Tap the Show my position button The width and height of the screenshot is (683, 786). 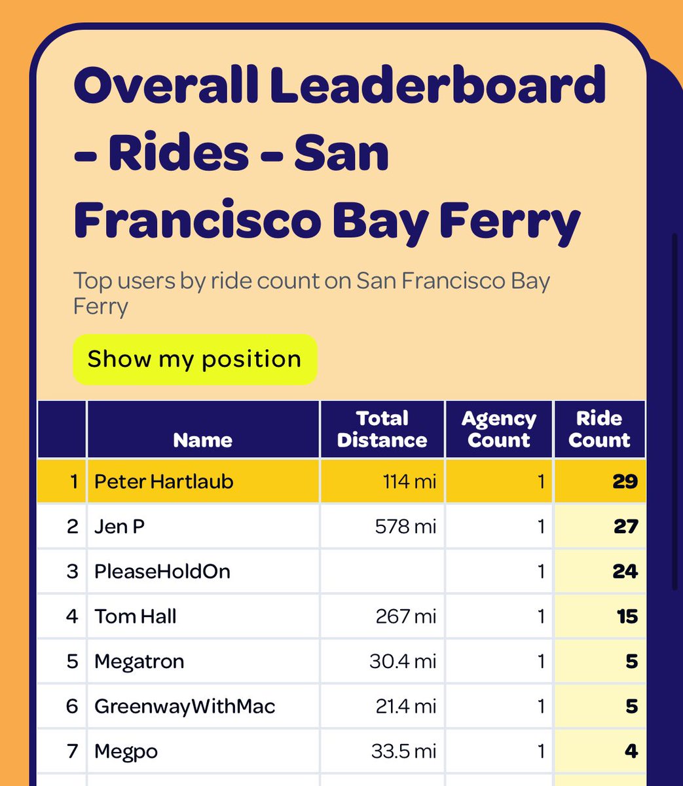(x=194, y=360)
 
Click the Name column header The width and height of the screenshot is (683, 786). (x=202, y=440)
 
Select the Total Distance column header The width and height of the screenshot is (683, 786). (x=382, y=429)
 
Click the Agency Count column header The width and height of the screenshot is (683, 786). (x=499, y=429)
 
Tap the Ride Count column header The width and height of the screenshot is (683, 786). (x=599, y=429)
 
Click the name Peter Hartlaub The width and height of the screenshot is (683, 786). (x=164, y=481)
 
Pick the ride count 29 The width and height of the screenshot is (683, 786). (x=625, y=481)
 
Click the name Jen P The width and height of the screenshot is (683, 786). (x=119, y=526)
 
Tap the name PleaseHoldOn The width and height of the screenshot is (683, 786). (x=162, y=571)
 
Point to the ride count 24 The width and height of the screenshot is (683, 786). (x=625, y=571)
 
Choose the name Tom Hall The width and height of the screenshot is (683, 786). (x=136, y=616)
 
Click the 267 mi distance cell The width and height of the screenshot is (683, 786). (x=405, y=616)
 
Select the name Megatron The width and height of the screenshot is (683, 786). (x=139, y=662)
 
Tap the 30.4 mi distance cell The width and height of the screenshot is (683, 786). (x=403, y=662)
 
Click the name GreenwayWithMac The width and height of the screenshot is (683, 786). (x=185, y=706)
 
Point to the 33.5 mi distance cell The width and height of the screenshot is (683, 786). (x=403, y=751)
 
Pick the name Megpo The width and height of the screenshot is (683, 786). (x=126, y=751)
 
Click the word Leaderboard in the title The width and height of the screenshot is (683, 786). (x=437, y=86)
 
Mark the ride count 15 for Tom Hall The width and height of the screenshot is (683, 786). (x=627, y=616)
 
